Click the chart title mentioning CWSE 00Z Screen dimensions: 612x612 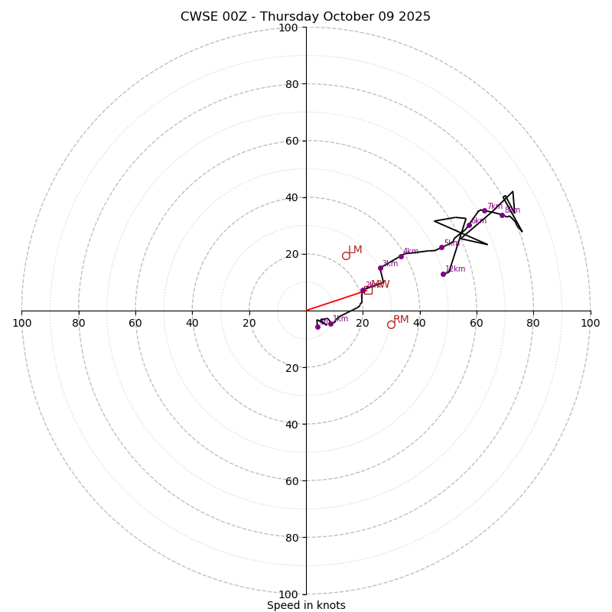click(305, 17)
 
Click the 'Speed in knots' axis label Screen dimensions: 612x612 click(306, 605)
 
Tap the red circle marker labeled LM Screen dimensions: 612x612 click(346, 256)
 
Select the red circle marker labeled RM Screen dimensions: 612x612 click(391, 324)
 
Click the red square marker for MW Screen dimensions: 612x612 click(368, 290)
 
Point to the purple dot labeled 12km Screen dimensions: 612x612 click(443, 274)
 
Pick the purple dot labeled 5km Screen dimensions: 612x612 click(441, 247)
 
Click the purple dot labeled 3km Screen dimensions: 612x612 click(380, 268)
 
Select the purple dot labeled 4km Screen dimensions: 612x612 click(401, 256)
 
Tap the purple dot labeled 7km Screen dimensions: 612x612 click(484, 210)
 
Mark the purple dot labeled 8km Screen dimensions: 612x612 click(502, 215)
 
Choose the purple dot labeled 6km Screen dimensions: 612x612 click(469, 225)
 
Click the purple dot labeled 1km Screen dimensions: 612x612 click(330, 323)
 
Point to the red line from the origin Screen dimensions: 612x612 click(334, 301)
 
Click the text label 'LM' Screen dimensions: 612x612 click(355, 250)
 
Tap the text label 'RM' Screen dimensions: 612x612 click(401, 319)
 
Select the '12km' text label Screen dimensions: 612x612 click(455, 269)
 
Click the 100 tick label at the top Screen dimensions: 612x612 click(288, 28)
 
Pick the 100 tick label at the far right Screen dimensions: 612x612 click(590, 323)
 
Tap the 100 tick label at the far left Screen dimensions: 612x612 click(22, 323)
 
